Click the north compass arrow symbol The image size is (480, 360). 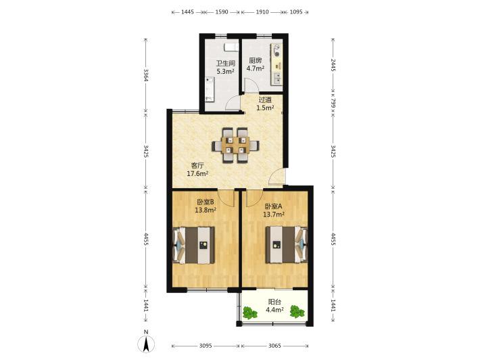click(147, 344)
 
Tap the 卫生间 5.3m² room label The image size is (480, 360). click(225, 68)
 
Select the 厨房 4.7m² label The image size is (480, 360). click(256, 64)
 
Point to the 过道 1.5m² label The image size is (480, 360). click(265, 104)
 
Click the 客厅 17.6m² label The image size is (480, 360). click(197, 169)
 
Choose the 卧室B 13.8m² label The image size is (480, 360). click(206, 206)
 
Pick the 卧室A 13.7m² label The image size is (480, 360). click(274, 210)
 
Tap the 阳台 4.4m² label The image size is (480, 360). click(274, 306)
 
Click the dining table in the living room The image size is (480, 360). click(236, 145)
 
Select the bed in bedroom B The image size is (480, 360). click(193, 245)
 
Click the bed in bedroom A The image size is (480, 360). click(286, 244)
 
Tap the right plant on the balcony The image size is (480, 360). click(297, 311)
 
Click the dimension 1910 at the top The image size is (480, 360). click(262, 12)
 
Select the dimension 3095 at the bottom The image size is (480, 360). click(206, 346)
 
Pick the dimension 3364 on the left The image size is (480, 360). click(146, 74)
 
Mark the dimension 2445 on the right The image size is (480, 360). click(333, 65)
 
